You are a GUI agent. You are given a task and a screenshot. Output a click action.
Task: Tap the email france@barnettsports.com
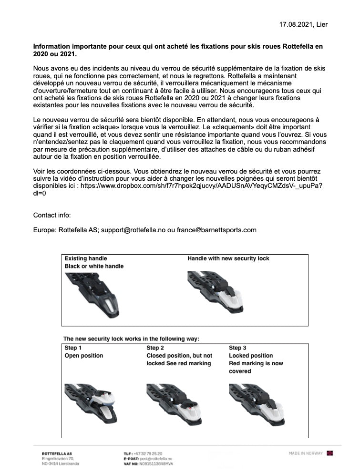216,230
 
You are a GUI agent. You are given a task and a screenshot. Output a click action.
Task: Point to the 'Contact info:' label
52,215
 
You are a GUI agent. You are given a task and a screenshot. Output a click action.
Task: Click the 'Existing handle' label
86,258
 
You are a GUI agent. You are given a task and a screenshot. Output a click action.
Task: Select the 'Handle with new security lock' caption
228,258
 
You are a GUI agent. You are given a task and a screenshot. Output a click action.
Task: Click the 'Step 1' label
73,348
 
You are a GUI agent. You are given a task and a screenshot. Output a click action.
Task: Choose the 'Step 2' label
155,348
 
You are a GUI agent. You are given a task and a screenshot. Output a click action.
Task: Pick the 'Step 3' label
238,348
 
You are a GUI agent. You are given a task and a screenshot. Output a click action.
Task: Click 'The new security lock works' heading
131,339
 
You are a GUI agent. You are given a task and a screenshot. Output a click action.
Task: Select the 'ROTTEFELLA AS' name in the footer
57,453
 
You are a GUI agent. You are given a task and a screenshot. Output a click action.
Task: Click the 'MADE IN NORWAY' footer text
306,453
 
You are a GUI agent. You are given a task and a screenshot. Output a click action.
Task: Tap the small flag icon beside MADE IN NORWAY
329,453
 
